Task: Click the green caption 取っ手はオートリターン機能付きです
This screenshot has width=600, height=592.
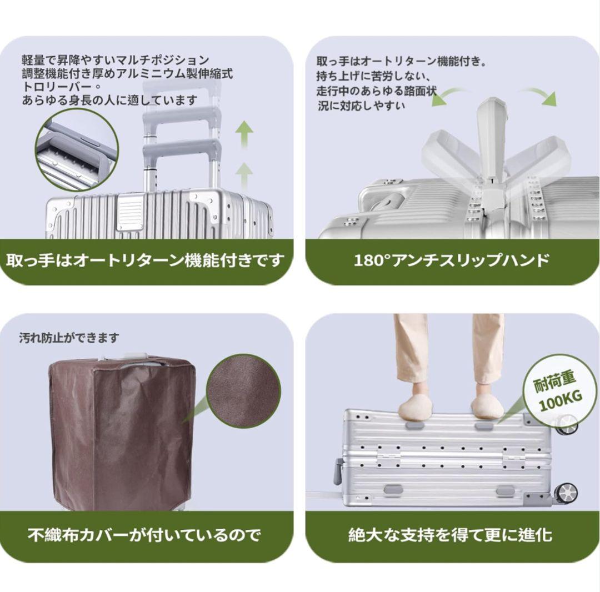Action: (145, 260)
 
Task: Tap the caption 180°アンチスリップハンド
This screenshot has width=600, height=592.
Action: (452, 260)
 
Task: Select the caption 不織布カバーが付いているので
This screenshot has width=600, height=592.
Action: (144, 535)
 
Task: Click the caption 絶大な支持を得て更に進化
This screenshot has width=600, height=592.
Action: (451, 535)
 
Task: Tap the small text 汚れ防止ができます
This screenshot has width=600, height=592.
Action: (69, 338)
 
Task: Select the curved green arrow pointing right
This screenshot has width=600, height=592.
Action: (542, 95)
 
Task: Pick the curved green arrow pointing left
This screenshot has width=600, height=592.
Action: (448, 95)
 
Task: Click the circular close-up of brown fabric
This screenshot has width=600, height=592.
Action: (243, 390)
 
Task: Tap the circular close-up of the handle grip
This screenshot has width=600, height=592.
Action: (77, 150)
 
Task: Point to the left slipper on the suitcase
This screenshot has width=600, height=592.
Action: (416, 408)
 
